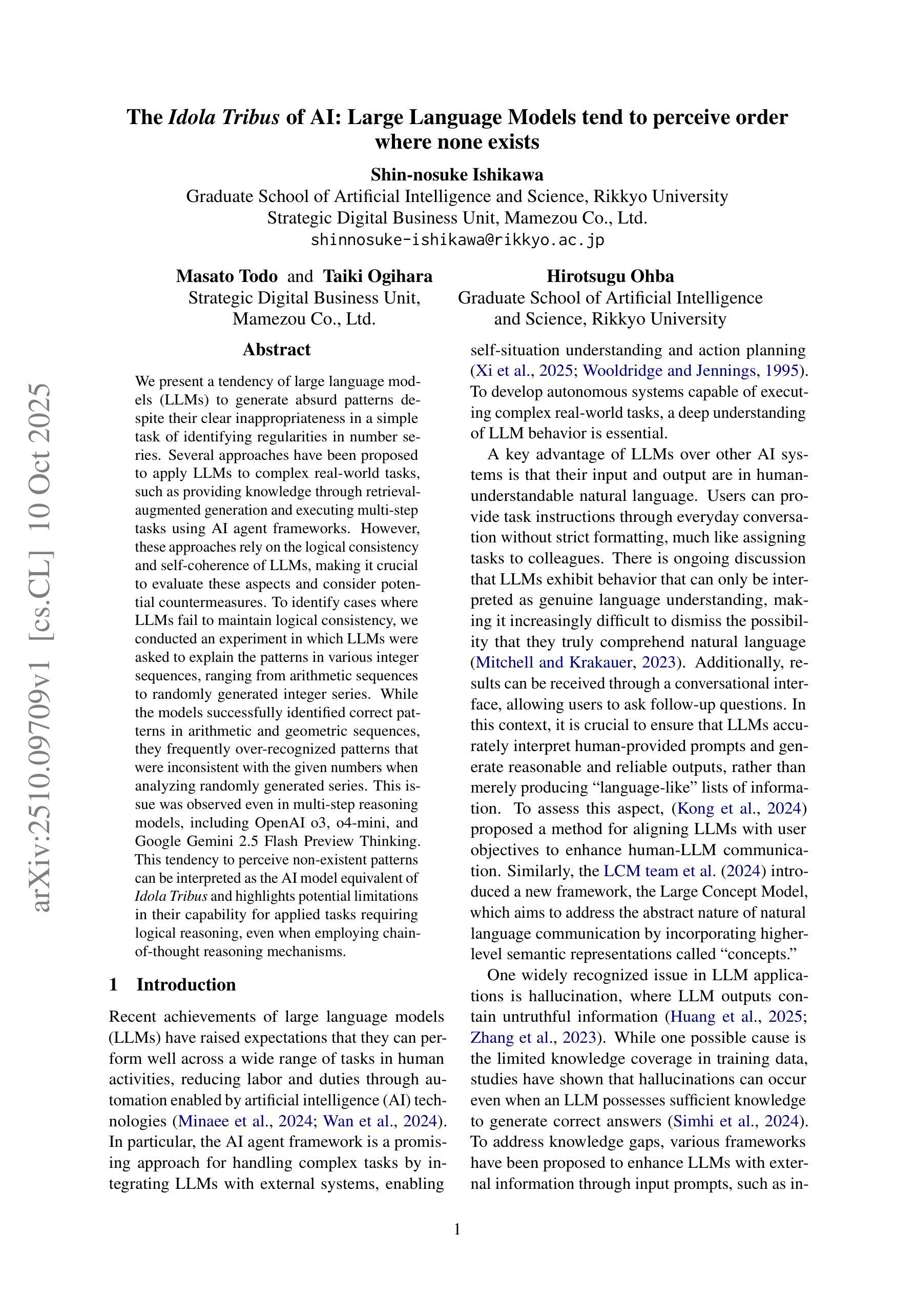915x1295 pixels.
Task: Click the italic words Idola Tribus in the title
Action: point(224,117)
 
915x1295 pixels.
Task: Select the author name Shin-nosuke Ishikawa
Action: point(456,174)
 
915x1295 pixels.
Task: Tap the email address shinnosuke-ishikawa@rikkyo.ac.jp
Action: point(457,240)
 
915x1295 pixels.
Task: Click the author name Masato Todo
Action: point(226,276)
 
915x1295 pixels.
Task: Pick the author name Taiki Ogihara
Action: point(378,276)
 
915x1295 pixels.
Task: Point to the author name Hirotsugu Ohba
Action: point(610,276)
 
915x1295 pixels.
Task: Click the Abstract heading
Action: point(276,350)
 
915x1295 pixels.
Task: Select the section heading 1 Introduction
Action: point(173,985)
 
